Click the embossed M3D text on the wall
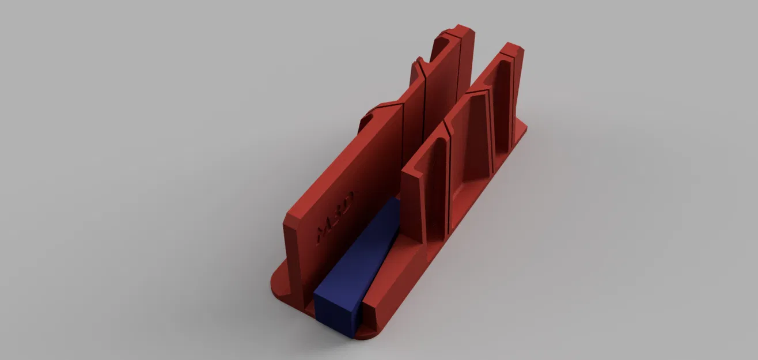(x=335, y=216)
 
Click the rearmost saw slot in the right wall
(x=512, y=98)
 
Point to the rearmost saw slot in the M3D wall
(x=459, y=63)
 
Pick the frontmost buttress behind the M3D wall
(x=369, y=118)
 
